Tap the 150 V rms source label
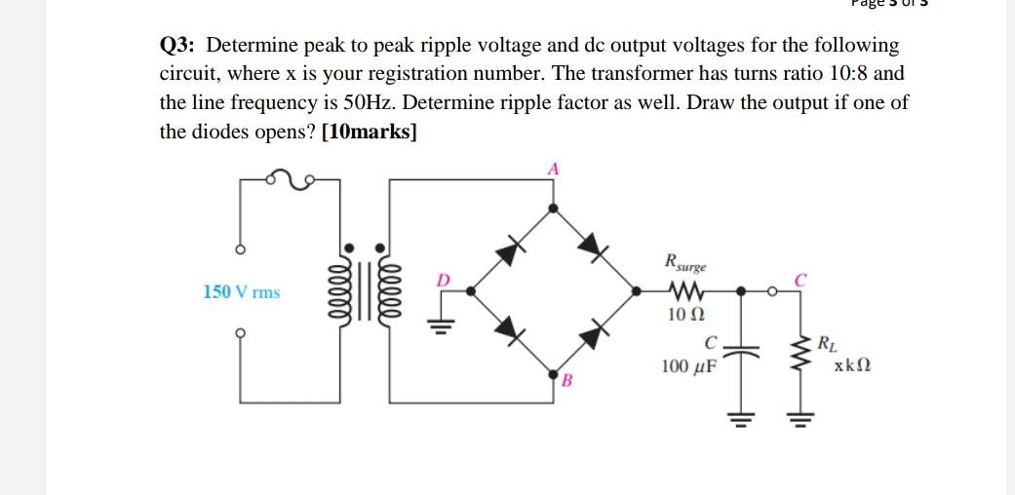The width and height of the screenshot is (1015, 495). coord(241,291)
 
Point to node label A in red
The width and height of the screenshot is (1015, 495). coord(553,169)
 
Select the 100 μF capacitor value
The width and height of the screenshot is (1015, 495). coord(687,367)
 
